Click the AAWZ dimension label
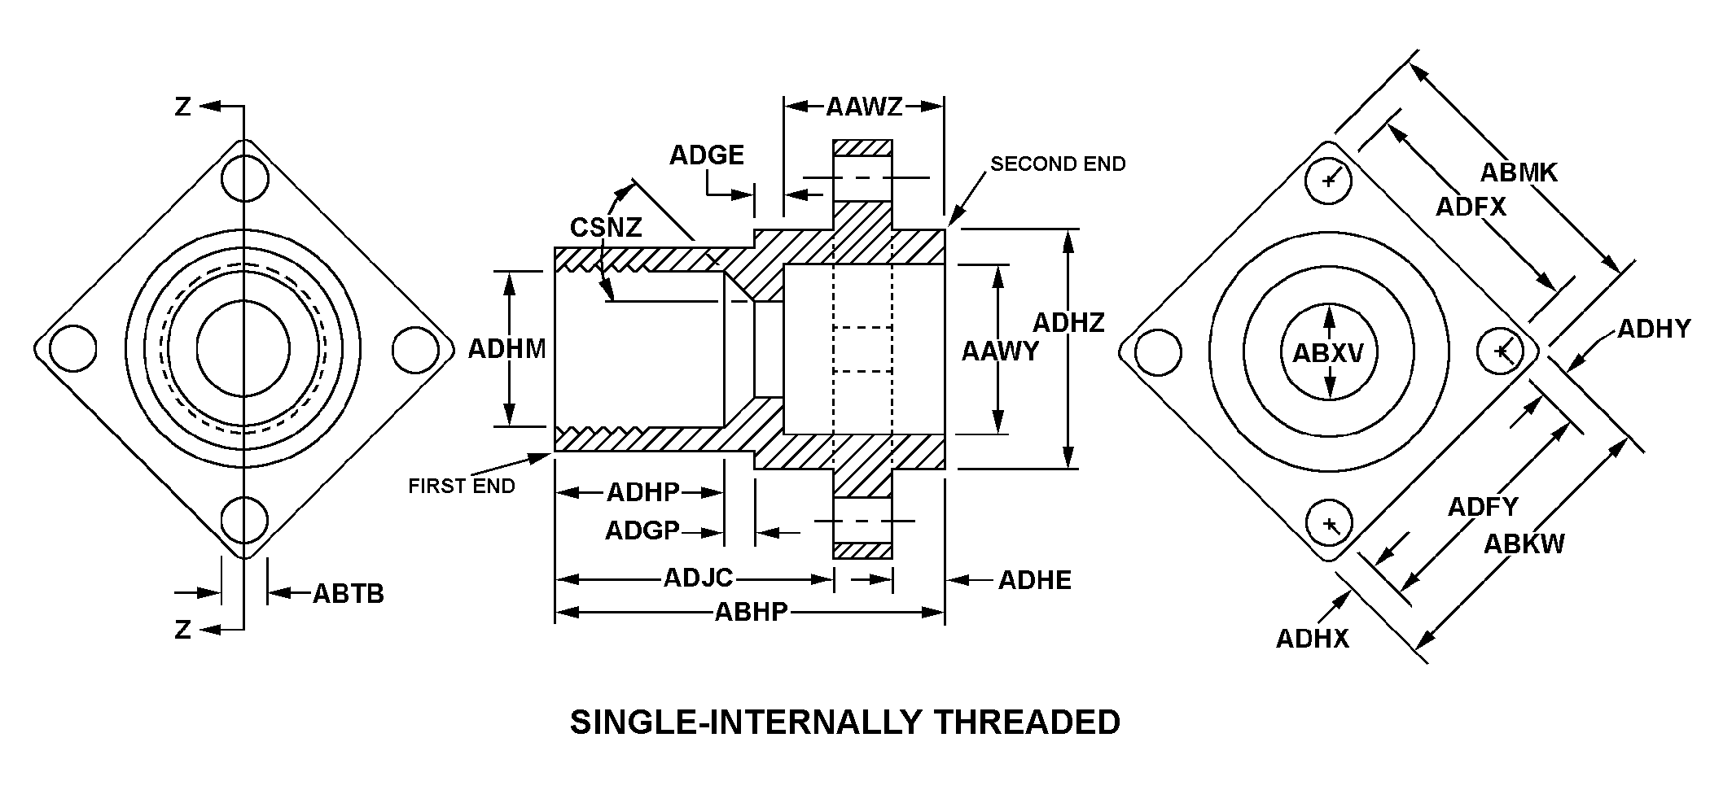(x=864, y=107)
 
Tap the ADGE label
(x=706, y=155)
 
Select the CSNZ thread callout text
(x=606, y=227)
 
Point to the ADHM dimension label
(x=506, y=349)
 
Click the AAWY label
(x=1000, y=351)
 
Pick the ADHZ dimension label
(x=1068, y=323)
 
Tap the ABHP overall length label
(x=751, y=611)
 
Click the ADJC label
(x=699, y=578)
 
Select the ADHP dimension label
(x=642, y=492)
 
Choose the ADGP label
(x=642, y=531)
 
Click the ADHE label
(x=1034, y=580)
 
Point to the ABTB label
(x=348, y=594)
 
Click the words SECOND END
(x=1057, y=164)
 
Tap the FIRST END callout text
(x=461, y=487)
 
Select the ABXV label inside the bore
(x=1328, y=353)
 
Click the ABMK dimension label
(x=1518, y=172)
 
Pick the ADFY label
(x=1482, y=507)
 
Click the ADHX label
(x=1312, y=639)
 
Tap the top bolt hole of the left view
(x=244, y=177)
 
